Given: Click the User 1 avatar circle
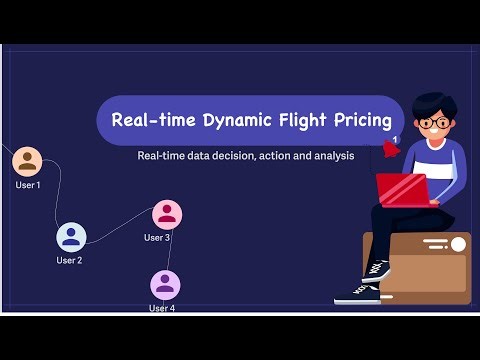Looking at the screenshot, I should pyautogui.click(x=27, y=161).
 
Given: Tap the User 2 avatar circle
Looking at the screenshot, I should pyautogui.click(x=71, y=236).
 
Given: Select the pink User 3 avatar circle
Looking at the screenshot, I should pyautogui.click(x=167, y=214).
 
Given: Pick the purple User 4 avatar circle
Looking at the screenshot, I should pyautogui.click(x=165, y=285).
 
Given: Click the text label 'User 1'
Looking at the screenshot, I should pyautogui.click(x=28, y=185).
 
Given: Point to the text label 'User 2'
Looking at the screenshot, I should pyautogui.click(x=69, y=260).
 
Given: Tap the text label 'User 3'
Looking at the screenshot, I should pyautogui.click(x=157, y=238).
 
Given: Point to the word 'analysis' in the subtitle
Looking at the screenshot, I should pyautogui.click(x=329, y=157).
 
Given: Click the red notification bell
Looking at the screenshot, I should pyautogui.click(x=386, y=150).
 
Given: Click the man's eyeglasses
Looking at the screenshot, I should pyautogui.click(x=434, y=123).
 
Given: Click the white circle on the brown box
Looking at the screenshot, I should pyautogui.click(x=458, y=244).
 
